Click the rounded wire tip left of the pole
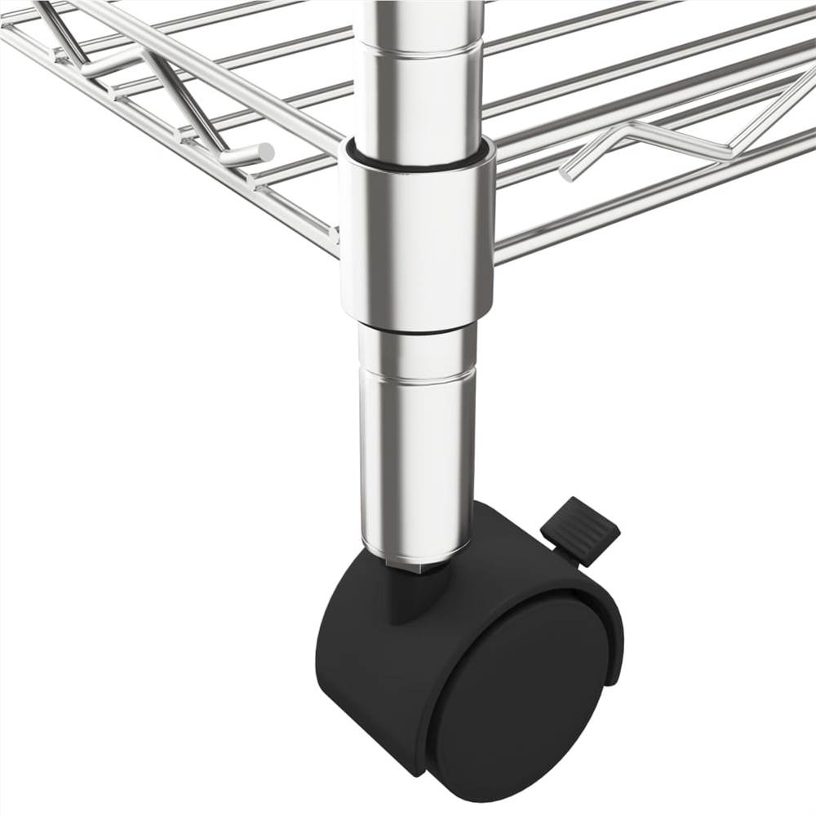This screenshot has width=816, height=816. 266,151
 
